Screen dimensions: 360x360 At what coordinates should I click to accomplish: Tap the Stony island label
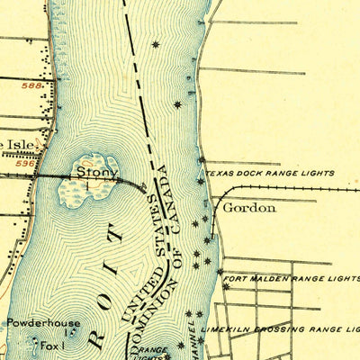click(x=91, y=168)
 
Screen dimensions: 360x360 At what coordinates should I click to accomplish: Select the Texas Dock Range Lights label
click(x=269, y=173)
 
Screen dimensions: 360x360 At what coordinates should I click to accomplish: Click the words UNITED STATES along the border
click(x=142, y=260)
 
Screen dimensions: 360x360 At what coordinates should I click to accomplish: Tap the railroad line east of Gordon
click(x=297, y=189)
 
